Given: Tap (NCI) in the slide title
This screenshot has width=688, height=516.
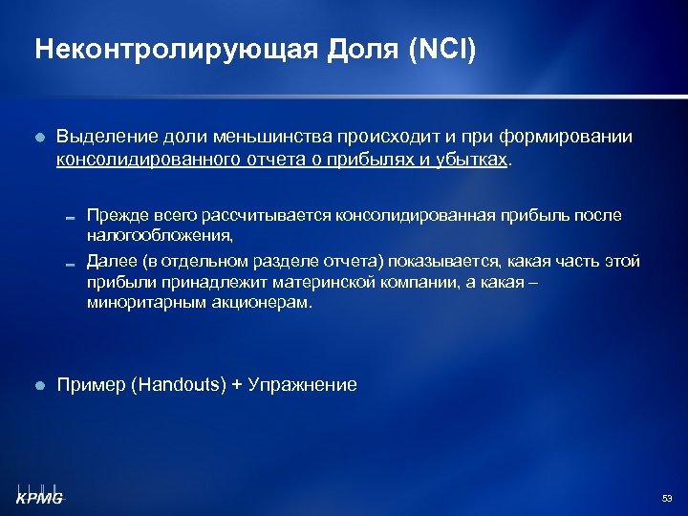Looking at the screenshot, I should (x=441, y=49).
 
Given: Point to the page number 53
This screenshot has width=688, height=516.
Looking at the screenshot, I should (x=667, y=499).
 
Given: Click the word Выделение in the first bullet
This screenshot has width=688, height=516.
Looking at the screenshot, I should (x=103, y=138).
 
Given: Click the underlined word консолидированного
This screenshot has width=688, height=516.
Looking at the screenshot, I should (x=153, y=161).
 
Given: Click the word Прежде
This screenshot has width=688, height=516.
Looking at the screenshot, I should (x=113, y=216).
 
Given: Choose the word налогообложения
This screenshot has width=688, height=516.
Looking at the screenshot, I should (x=159, y=234).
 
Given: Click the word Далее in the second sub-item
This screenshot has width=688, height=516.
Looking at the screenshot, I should (x=109, y=262).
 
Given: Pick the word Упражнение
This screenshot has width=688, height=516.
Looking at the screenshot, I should (x=302, y=385).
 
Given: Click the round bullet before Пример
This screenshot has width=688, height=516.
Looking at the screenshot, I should (x=39, y=386).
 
